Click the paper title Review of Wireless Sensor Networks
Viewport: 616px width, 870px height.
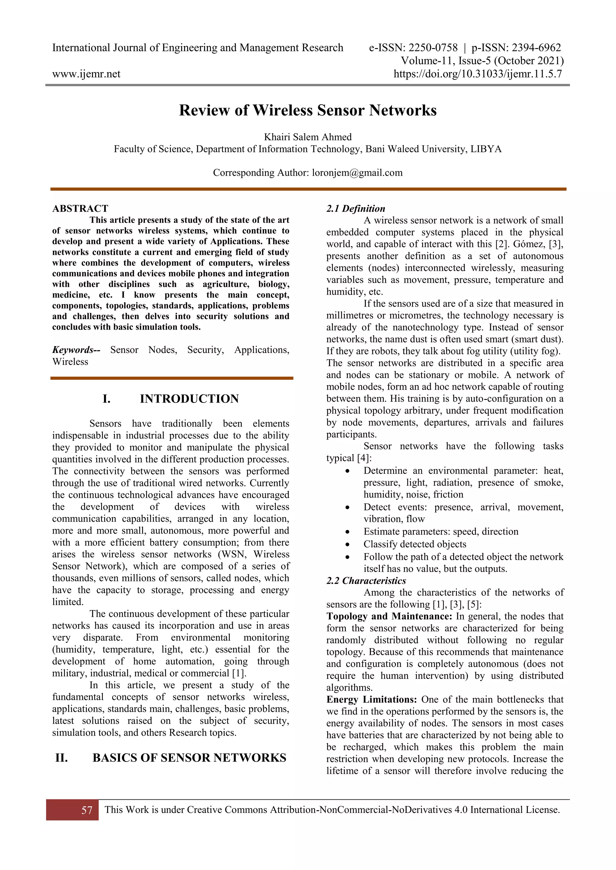click(x=308, y=110)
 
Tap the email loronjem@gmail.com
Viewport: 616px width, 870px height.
click(x=357, y=173)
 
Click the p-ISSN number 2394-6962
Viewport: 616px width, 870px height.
click(x=536, y=48)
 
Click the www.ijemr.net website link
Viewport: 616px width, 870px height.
click(x=86, y=74)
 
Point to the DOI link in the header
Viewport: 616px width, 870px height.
click(x=478, y=74)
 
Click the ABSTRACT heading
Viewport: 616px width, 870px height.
click(x=80, y=209)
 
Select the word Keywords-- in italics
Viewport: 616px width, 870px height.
click(x=76, y=350)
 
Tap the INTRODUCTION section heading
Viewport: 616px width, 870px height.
click(x=189, y=399)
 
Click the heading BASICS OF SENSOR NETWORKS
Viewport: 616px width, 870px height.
click(x=189, y=757)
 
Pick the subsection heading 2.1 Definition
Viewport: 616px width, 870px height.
click(x=356, y=209)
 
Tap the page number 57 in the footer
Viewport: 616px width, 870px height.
click(x=87, y=810)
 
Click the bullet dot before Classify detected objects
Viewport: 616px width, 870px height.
click(x=347, y=545)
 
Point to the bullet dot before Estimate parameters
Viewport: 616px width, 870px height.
click(x=347, y=532)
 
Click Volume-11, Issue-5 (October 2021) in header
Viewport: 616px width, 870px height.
click(x=482, y=61)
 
